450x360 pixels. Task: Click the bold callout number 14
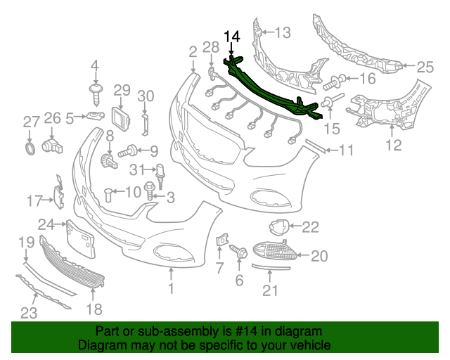pyautogui.click(x=232, y=36)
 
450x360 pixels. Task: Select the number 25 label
pyautogui.click(x=425, y=67)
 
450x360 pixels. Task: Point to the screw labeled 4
pyautogui.click(x=96, y=94)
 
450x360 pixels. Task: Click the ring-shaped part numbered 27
pyautogui.click(x=30, y=148)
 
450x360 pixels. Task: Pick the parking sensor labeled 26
pyautogui.click(x=52, y=146)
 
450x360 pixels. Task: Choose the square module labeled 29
pyautogui.click(x=120, y=119)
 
